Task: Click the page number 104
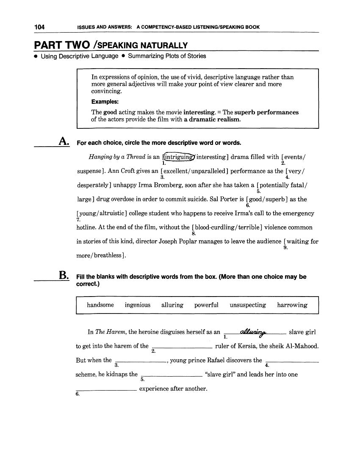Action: click(x=40, y=27)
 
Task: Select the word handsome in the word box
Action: click(x=100, y=305)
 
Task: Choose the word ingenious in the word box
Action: click(x=138, y=305)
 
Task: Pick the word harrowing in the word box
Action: click(x=292, y=305)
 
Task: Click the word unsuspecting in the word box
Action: click(x=248, y=305)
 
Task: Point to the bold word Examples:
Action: click(x=105, y=102)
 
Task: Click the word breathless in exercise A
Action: click(x=110, y=256)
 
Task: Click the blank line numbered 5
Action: click(x=171, y=375)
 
